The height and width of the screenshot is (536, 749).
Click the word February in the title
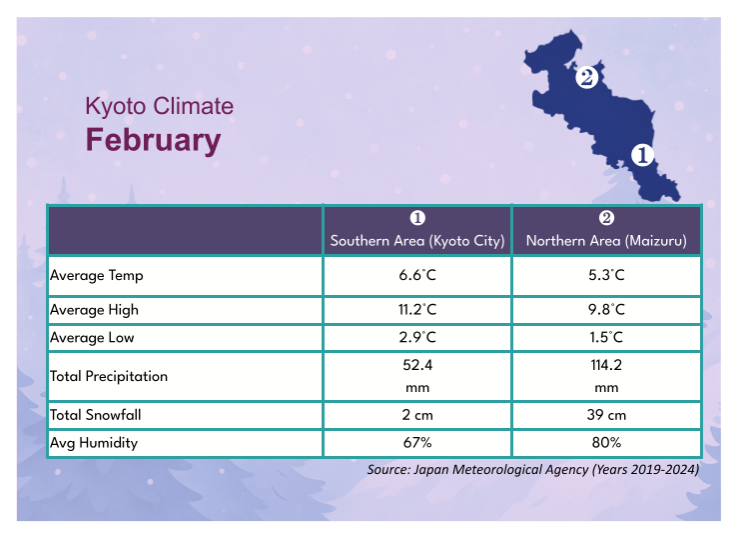pyautogui.click(x=153, y=140)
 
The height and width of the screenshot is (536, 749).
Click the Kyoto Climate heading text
pyautogui.click(x=159, y=106)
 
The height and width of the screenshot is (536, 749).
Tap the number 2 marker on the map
pyautogui.click(x=586, y=77)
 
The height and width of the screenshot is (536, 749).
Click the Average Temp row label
pyautogui.click(x=99, y=274)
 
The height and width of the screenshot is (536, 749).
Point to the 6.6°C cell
pyautogui.click(x=417, y=274)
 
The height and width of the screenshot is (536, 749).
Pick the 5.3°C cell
pyautogui.click(x=606, y=274)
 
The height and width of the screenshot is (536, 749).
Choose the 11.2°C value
pyautogui.click(x=417, y=310)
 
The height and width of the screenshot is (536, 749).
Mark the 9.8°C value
pyautogui.click(x=606, y=310)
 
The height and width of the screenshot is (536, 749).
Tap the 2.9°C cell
pyautogui.click(x=417, y=338)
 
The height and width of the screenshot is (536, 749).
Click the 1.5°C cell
pyautogui.click(x=606, y=338)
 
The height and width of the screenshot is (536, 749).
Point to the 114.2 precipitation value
pyautogui.click(x=606, y=367)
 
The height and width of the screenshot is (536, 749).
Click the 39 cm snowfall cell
pyautogui.click(x=606, y=415)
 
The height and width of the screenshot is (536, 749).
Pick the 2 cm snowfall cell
pyautogui.click(x=417, y=415)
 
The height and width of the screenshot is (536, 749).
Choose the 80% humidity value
pyautogui.click(x=606, y=442)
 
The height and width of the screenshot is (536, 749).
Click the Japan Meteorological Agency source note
pyautogui.click(x=532, y=469)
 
